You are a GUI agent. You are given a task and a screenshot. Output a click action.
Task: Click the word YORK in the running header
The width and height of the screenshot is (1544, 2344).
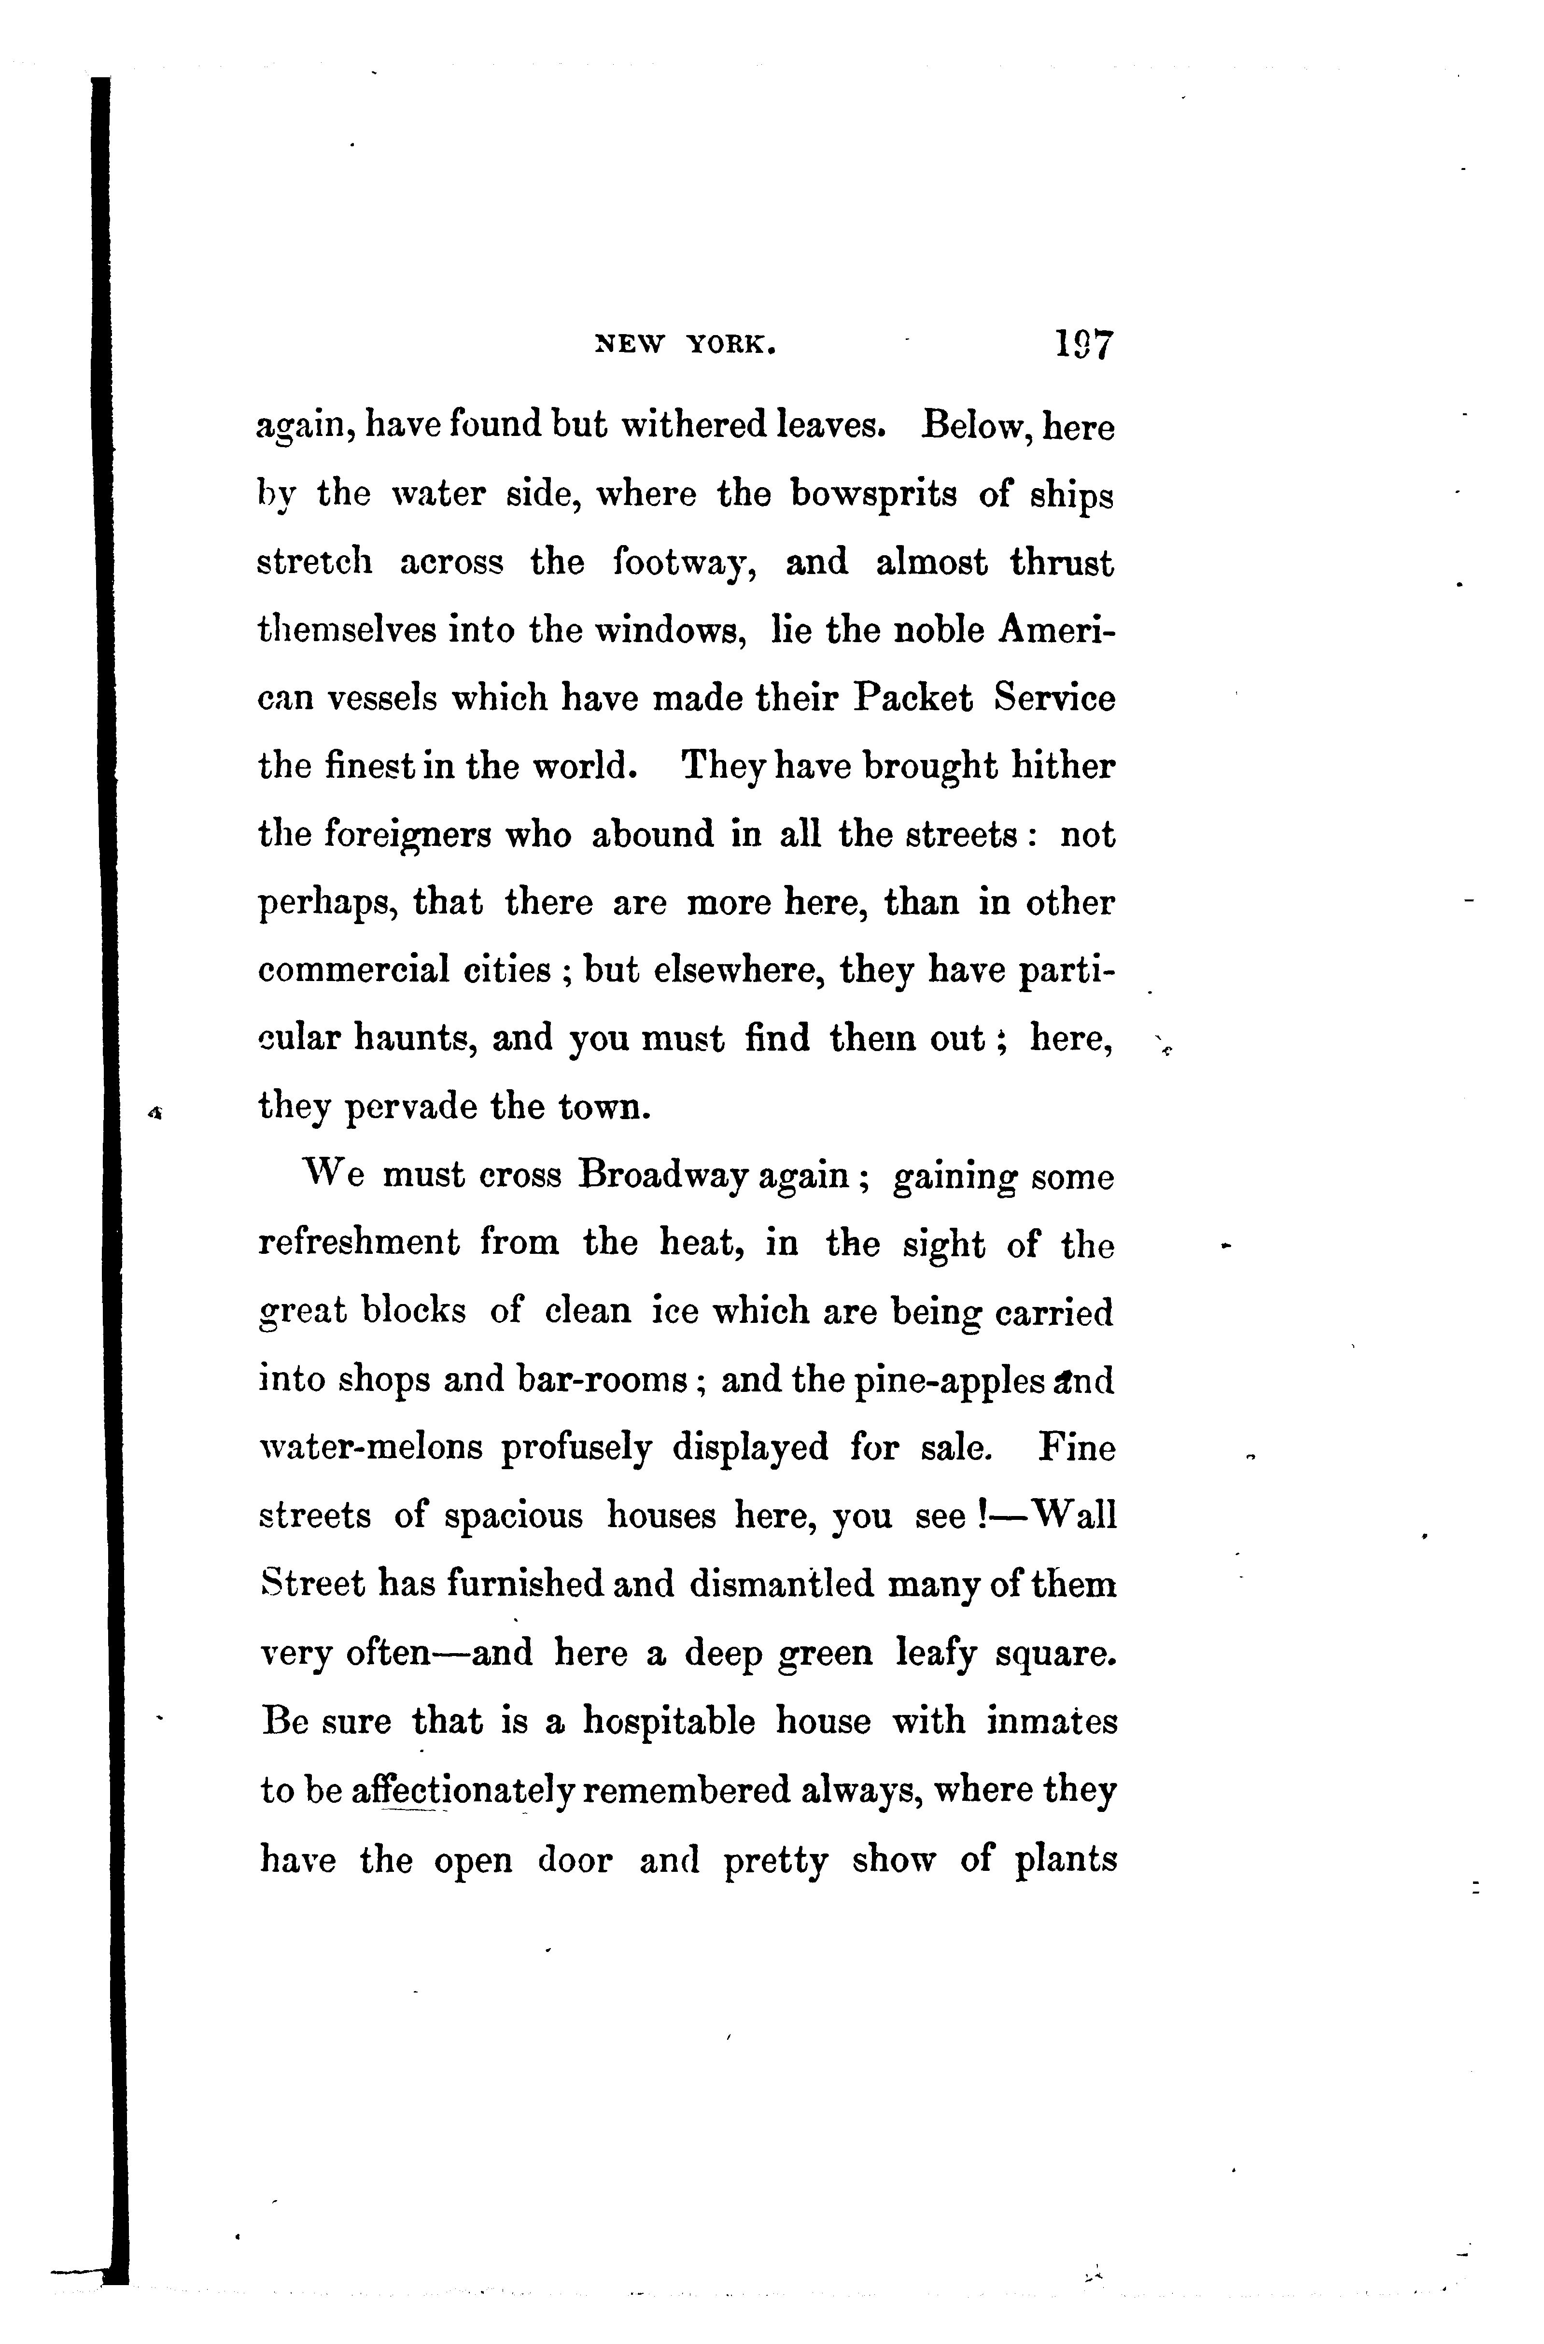pyautogui.click(x=729, y=345)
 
